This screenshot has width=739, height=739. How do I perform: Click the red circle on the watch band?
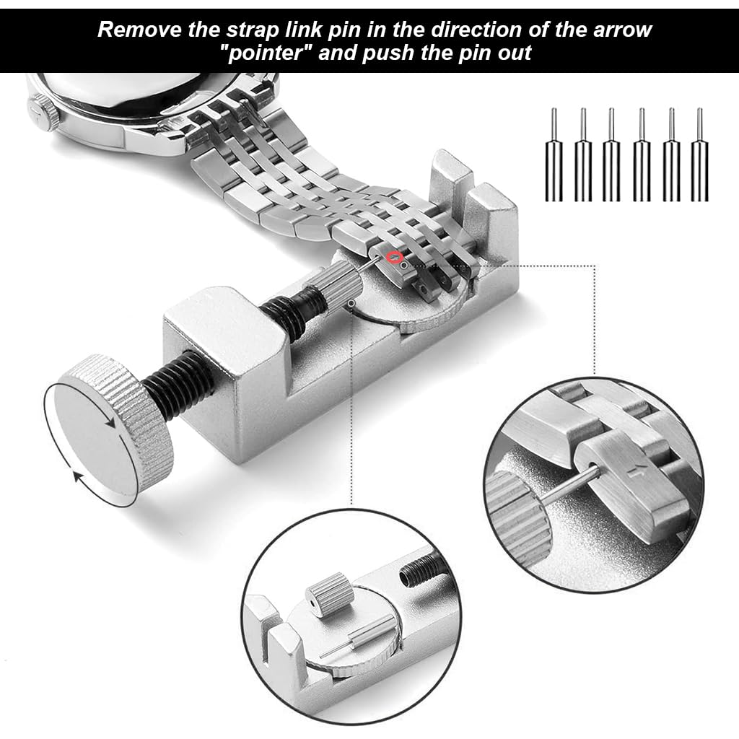click(x=394, y=256)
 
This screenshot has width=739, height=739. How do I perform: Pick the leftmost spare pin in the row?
click(x=554, y=154)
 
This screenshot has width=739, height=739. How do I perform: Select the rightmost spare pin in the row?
click(x=699, y=154)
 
